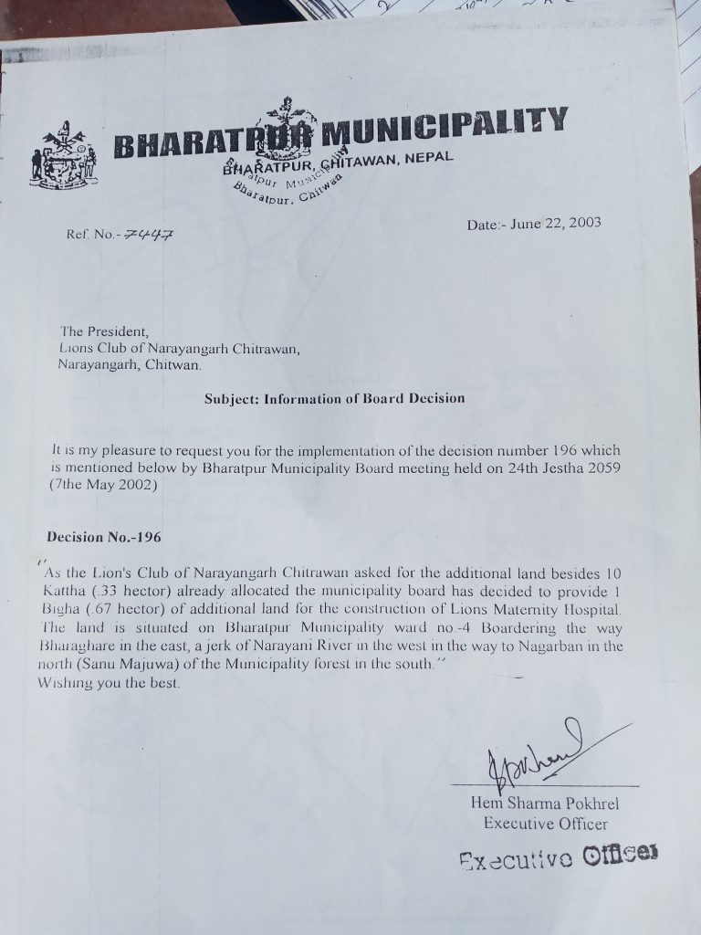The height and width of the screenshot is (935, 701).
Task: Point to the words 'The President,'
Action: coord(96,331)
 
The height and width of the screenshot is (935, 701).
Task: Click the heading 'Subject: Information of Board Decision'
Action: coord(334,398)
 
